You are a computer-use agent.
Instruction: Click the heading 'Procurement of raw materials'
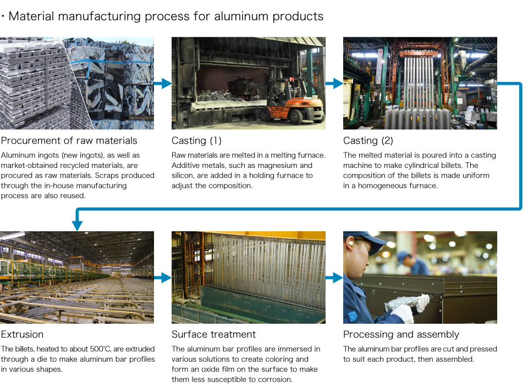[x=69, y=140]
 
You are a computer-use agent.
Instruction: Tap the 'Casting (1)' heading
[x=197, y=140]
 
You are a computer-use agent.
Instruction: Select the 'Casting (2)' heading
[x=368, y=140]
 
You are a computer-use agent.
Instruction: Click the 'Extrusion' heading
[x=22, y=334]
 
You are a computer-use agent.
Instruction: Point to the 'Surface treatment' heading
[x=214, y=334]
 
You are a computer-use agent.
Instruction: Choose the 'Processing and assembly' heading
[x=401, y=334]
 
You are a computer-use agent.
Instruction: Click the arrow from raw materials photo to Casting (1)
[x=163, y=83]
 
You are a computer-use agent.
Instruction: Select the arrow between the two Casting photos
[x=334, y=83]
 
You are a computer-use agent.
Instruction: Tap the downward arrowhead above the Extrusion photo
[x=77, y=226]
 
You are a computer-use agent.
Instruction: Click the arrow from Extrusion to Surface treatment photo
[x=163, y=277]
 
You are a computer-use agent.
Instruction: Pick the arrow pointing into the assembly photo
[x=334, y=277]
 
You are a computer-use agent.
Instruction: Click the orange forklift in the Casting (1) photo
[x=290, y=101]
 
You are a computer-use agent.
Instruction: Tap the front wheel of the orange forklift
[x=296, y=117]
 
